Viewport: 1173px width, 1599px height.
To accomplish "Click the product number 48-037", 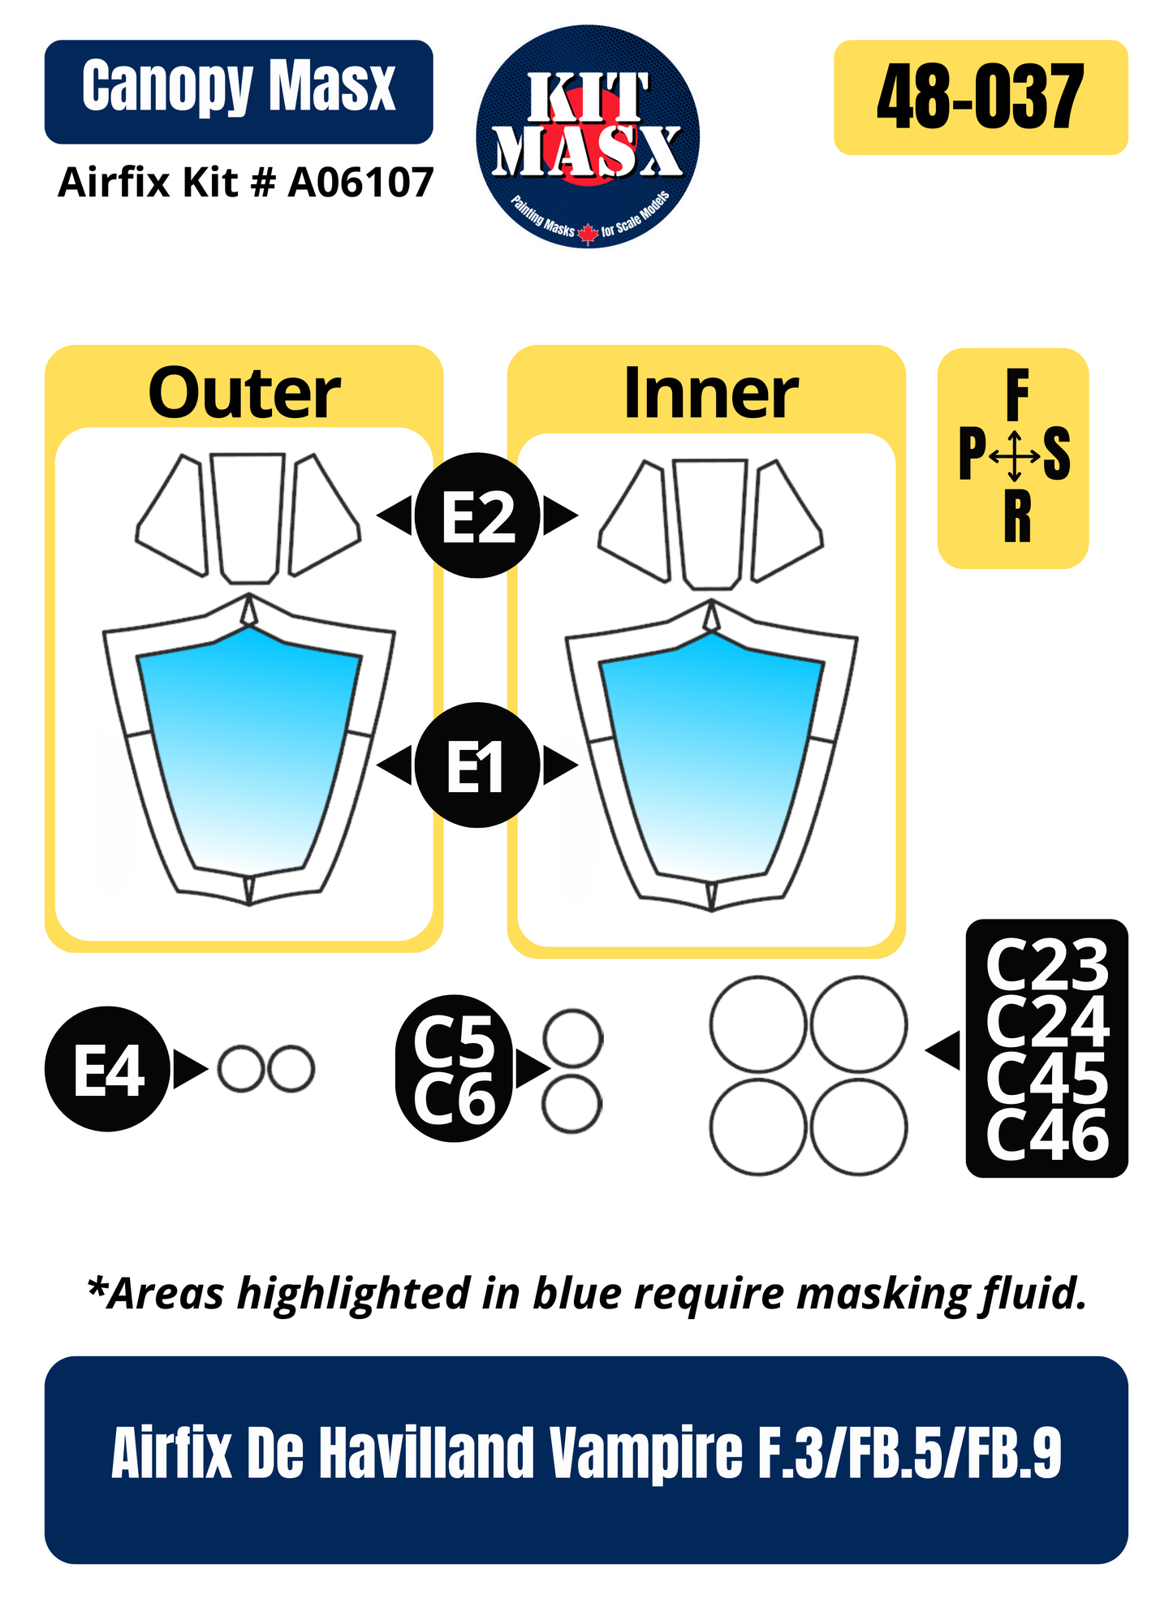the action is pos(980,97).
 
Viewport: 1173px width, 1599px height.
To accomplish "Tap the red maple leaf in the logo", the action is pos(588,234).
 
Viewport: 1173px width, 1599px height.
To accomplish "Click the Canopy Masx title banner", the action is pos(239,92).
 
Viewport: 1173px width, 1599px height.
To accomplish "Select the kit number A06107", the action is pos(361,183).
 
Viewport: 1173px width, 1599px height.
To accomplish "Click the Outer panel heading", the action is pos(244,393).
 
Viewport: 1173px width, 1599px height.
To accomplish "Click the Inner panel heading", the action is pos(711,393).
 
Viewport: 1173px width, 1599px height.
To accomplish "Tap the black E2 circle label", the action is pos(477,515).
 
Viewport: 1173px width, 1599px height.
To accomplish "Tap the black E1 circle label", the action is pos(477,765).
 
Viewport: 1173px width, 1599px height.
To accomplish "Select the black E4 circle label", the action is pos(108,1069).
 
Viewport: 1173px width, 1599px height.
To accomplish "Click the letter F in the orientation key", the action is pos(1017,394).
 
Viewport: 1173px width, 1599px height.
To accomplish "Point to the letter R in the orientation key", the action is pos(1017,517).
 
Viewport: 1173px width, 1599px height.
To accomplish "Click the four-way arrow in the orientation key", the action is pos(1014,456).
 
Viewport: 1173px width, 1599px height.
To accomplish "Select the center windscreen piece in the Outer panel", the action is pos(248,518).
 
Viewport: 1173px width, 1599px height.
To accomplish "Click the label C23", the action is pos(1047,966).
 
